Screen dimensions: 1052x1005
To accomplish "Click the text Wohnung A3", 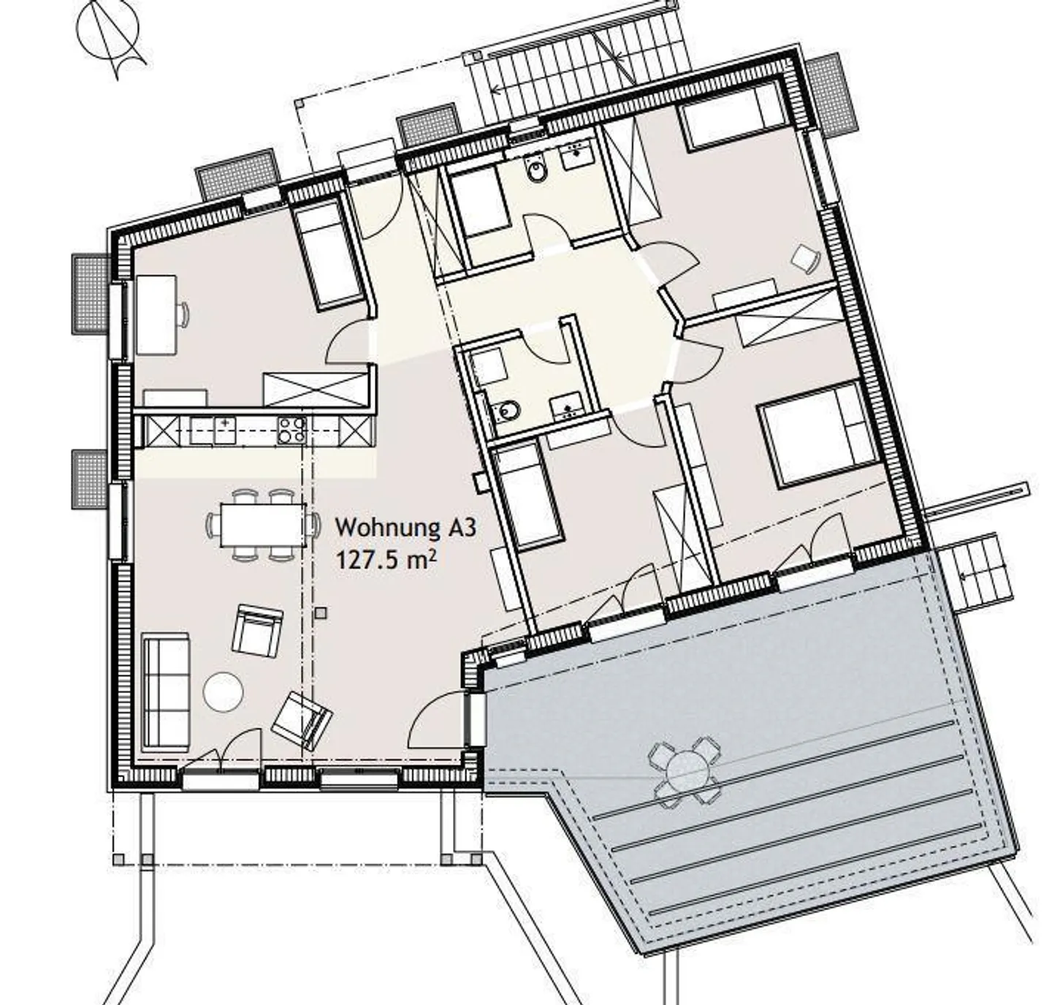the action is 405,528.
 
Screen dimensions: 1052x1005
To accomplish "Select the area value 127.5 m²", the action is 386,559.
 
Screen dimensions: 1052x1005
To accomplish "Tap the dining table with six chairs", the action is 263,525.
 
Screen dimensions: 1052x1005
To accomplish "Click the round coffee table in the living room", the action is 224,691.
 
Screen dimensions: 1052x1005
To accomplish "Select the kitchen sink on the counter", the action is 225,430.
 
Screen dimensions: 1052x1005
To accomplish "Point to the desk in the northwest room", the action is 157,314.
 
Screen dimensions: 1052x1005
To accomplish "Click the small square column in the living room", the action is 321,613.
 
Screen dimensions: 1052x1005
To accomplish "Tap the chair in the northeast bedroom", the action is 805,257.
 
